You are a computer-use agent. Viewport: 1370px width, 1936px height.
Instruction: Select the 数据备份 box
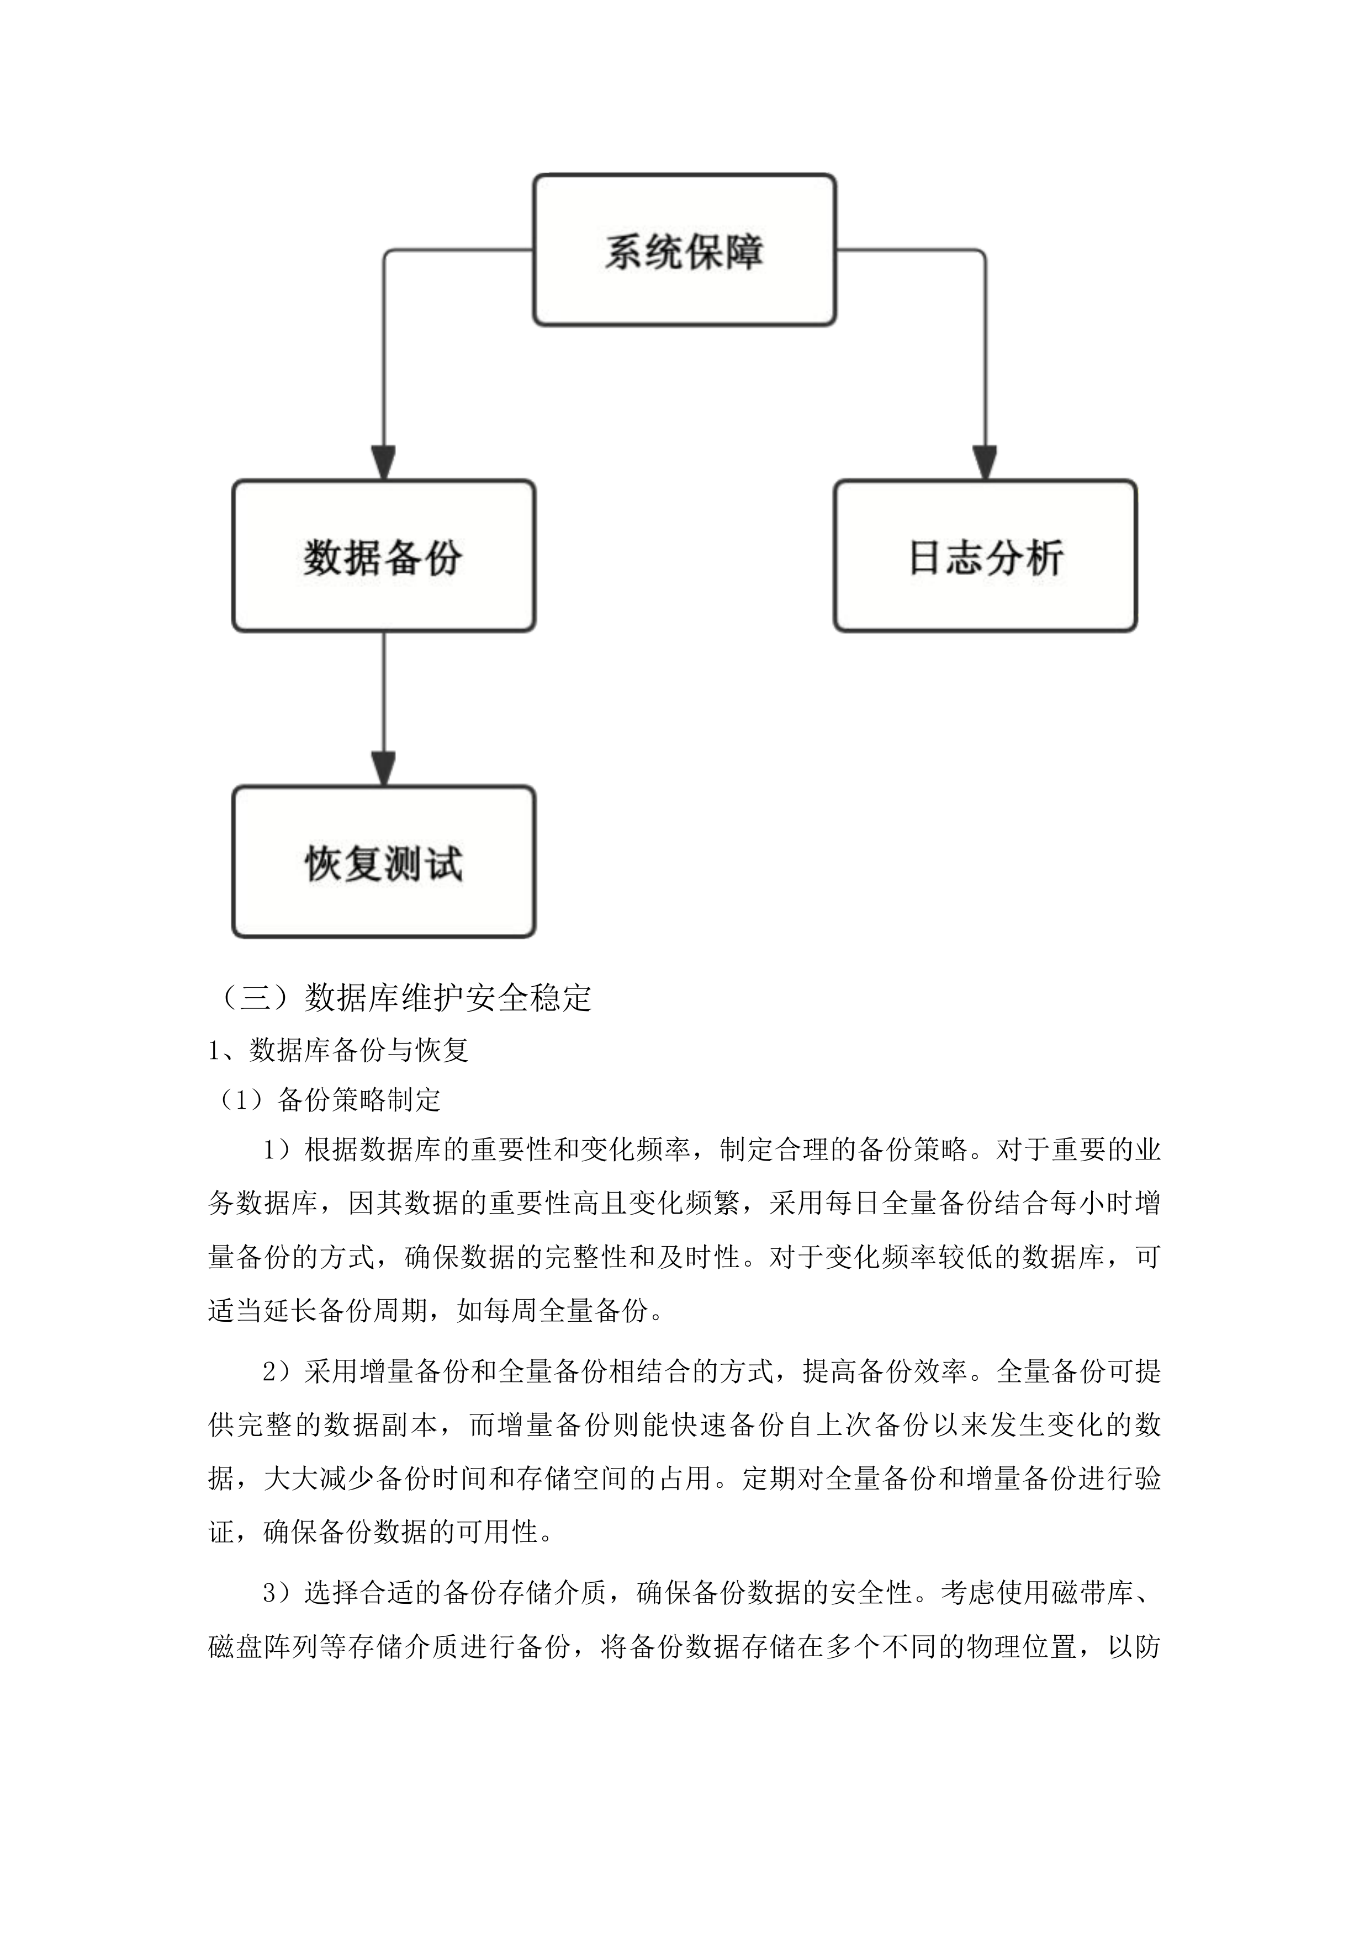pos(384,556)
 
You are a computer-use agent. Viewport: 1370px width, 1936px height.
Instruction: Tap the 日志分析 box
pos(985,556)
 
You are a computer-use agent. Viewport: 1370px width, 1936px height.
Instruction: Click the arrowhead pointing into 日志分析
pos(985,463)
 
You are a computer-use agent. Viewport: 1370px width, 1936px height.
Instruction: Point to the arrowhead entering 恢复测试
pos(384,769)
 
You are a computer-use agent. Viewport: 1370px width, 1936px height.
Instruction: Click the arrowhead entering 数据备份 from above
pos(384,463)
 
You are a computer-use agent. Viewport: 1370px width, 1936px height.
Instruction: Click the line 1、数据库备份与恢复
pos(338,1050)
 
